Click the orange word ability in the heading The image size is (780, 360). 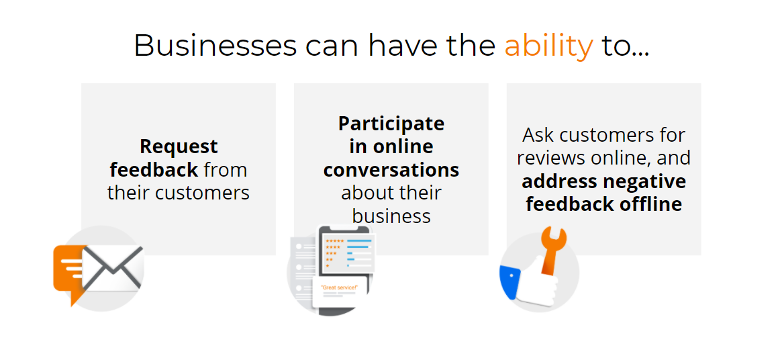pyautogui.click(x=548, y=46)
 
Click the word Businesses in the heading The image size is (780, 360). pyautogui.click(x=215, y=45)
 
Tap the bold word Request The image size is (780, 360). pyautogui.click(x=179, y=146)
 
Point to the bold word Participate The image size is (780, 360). pyautogui.click(x=391, y=124)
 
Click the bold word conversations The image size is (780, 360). pyautogui.click(x=391, y=170)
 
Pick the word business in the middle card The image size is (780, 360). pyautogui.click(x=391, y=216)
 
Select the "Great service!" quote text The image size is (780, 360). pyautogui.click(x=340, y=287)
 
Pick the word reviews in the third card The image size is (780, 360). pyautogui.click(x=551, y=158)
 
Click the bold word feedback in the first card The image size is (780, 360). pyautogui.click(x=154, y=170)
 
